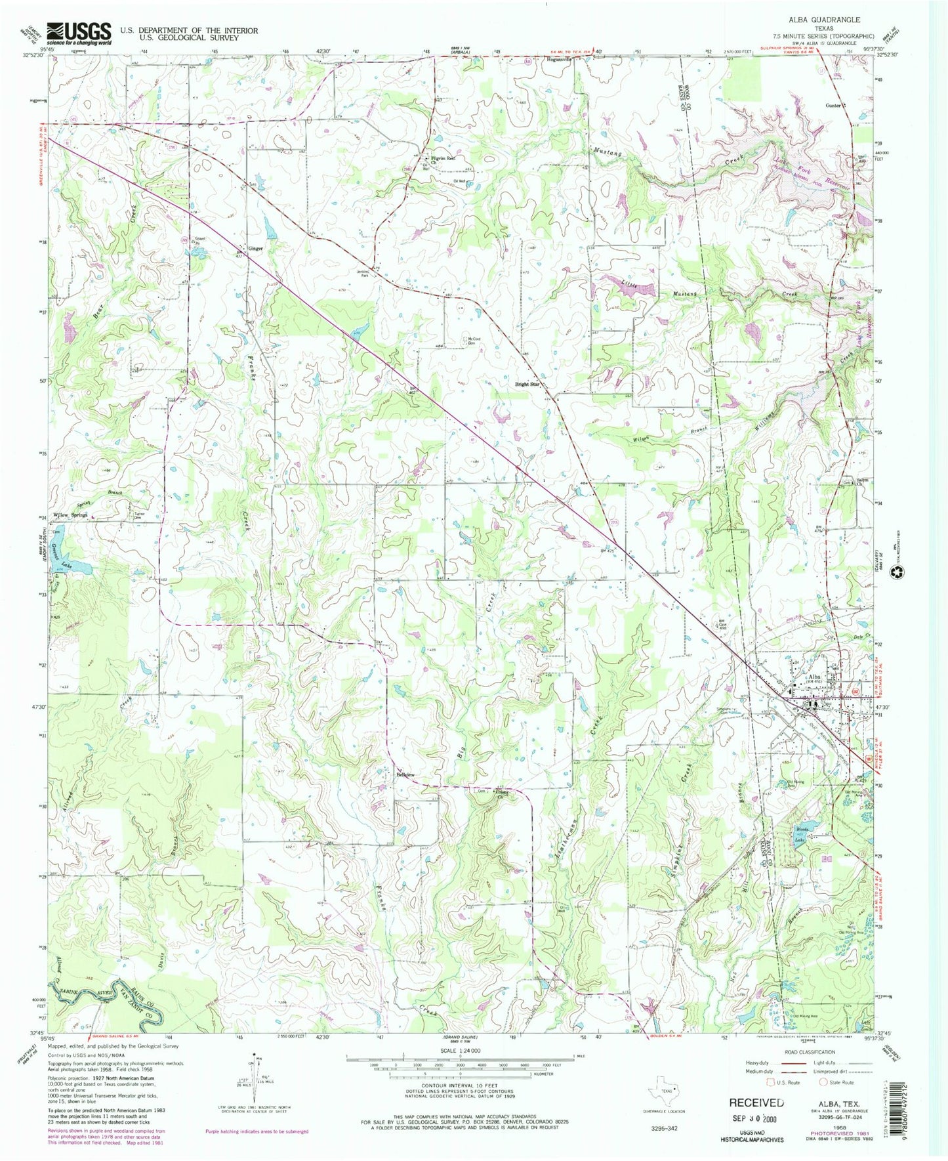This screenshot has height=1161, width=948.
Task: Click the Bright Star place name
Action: coord(526,384)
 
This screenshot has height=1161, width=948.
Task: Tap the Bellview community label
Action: coord(405,774)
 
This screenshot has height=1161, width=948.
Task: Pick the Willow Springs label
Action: coord(70,515)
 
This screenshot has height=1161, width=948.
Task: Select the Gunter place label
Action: coord(833,105)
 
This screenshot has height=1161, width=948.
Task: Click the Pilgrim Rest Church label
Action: coord(443,159)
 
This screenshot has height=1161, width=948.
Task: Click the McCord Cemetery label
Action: coord(470,341)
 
